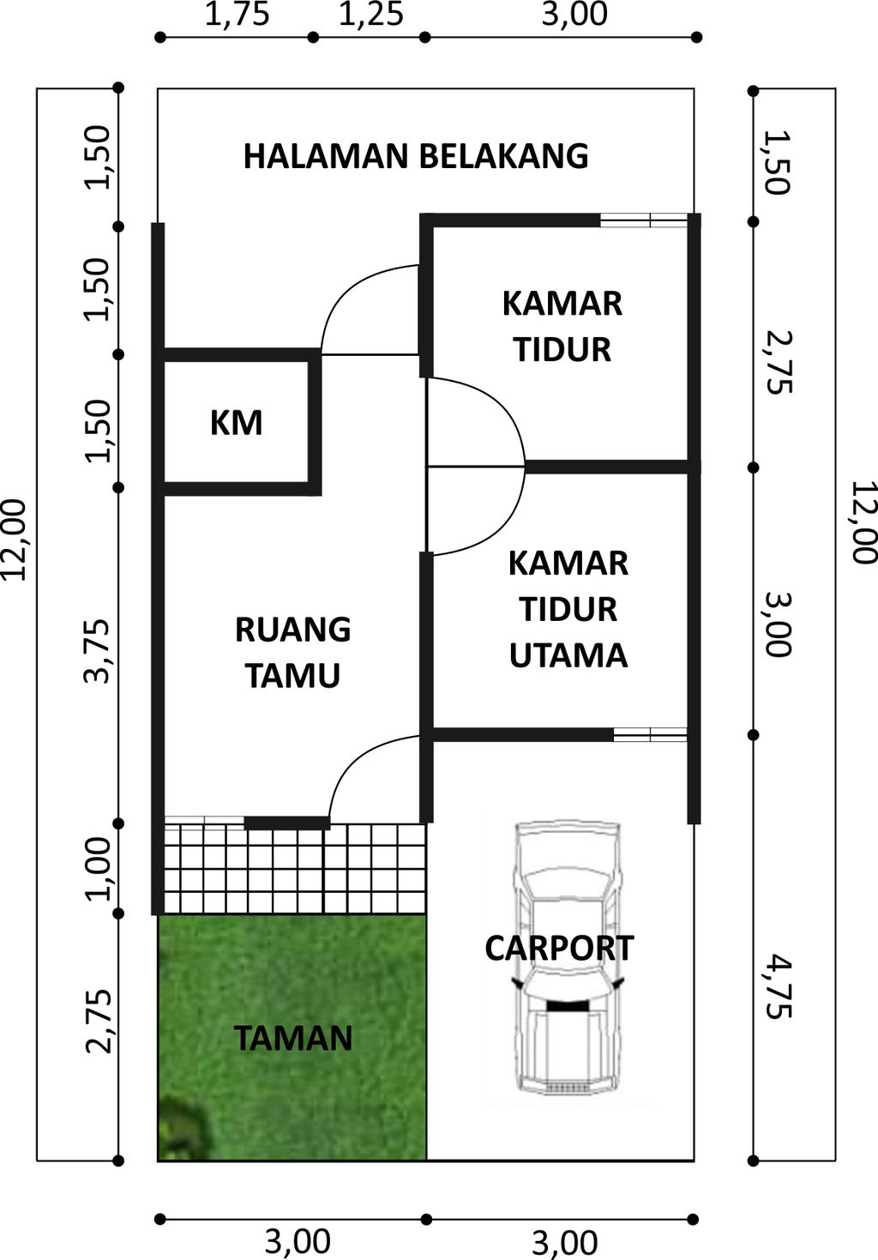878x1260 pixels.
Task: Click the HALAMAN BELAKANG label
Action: (x=416, y=156)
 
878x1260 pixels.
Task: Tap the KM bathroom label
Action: (x=237, y=423)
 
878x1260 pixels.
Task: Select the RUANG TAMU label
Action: (x=293, y=653)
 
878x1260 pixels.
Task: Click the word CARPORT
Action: (x=559, y=948)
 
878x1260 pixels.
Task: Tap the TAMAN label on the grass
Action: (x=293, y=1038)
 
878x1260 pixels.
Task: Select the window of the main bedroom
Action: (x=650, y=734)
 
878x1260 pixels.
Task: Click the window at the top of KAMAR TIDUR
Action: (x=644, y=220)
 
